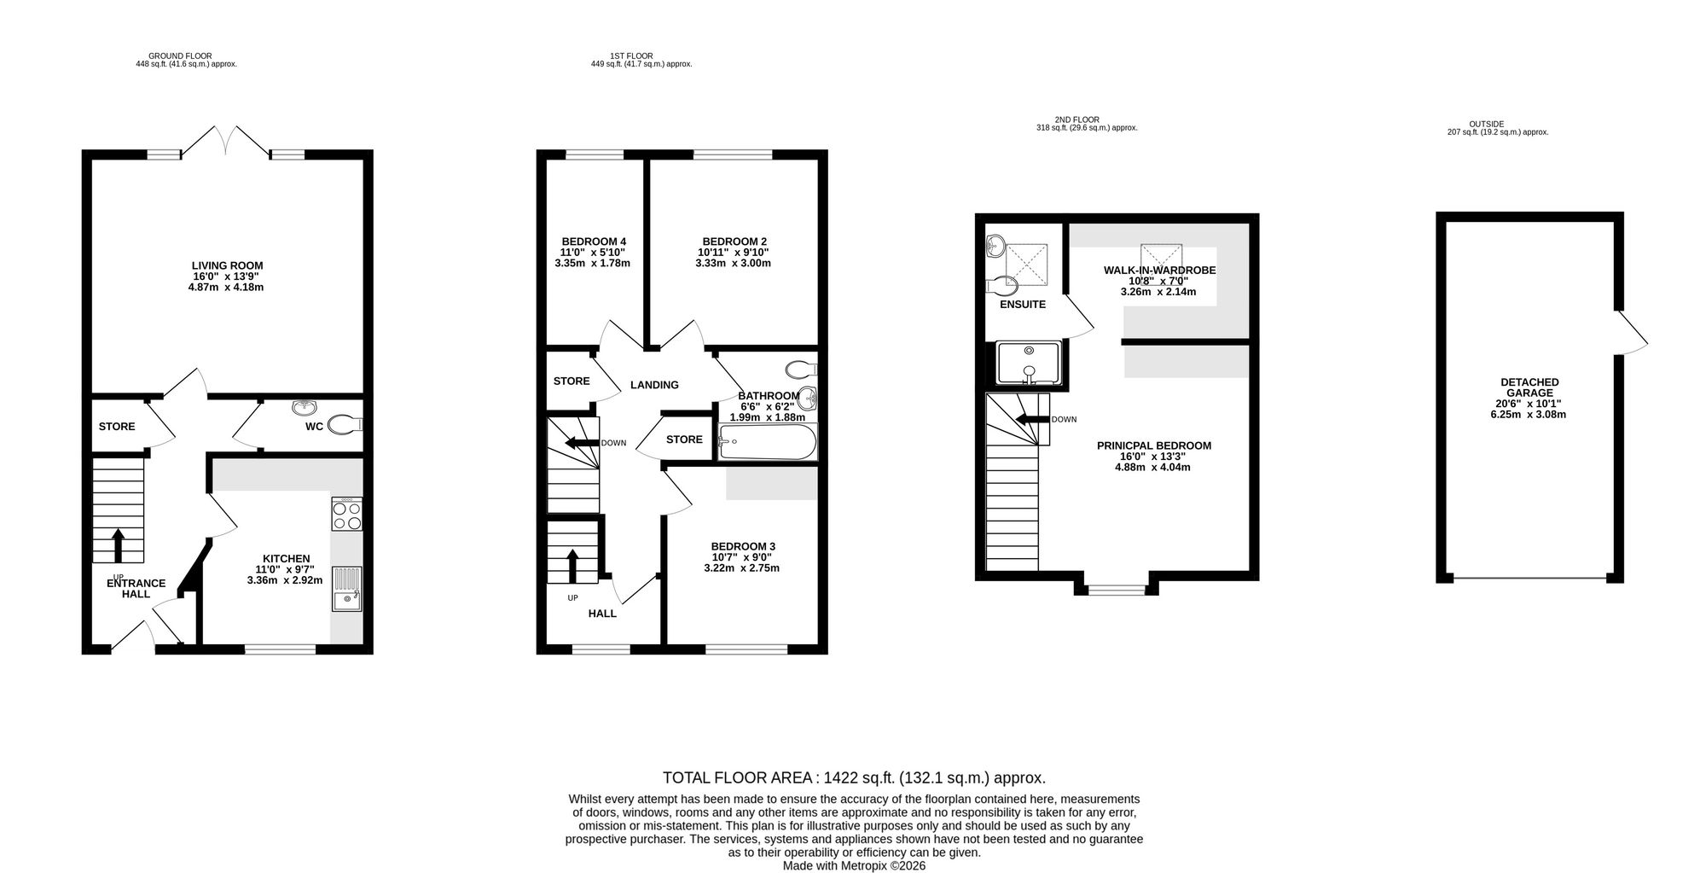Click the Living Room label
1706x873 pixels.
227,265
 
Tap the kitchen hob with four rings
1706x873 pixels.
346,514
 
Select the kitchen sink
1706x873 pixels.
346,589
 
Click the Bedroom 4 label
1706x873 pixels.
594,242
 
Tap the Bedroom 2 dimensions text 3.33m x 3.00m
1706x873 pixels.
733,264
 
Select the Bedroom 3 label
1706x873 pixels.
743,546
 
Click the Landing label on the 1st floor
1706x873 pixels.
654,385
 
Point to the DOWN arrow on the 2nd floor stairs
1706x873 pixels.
1031,419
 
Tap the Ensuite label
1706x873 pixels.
1023,305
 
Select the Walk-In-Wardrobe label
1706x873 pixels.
1159,271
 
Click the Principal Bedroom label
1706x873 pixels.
1153,445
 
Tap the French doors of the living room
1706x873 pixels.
226,141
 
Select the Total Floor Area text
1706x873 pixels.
854,778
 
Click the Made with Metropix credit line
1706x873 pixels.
854,865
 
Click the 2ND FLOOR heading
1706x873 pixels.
1076,119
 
